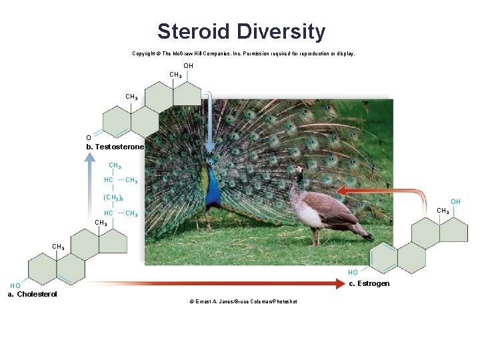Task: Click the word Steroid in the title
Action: (194, 31)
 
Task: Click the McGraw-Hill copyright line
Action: (243, 53)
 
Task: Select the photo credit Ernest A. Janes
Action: (243, 301)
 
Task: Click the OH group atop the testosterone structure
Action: (188, 66)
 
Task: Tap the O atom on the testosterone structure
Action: (89, 138)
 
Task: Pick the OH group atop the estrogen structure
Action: (455, 201)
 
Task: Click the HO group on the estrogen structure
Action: (353, 272)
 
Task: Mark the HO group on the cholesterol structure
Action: (15, 285)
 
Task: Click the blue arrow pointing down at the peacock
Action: (209, 123)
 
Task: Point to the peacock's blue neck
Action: (213, 183)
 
